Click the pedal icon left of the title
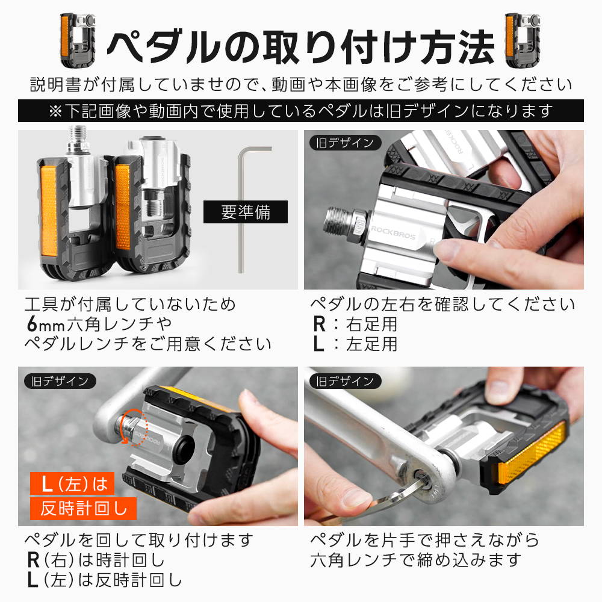tap(78, 40)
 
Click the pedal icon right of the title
tap(523, 40)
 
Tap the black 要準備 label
tap(246, 212)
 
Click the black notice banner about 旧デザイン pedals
tap(301, 111)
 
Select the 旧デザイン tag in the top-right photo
tap(345, 143)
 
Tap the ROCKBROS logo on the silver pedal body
tap(393, 232)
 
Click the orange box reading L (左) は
tap(72, 483)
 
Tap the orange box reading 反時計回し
tap(83, 509)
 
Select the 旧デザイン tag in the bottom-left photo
tap(59, 381)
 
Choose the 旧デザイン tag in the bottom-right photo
tap(345, 381)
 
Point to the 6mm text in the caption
tap(45, 324)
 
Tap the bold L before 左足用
tap(318, 344)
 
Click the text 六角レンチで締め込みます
tap(416, 560)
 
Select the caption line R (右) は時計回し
tap(96, 560)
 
